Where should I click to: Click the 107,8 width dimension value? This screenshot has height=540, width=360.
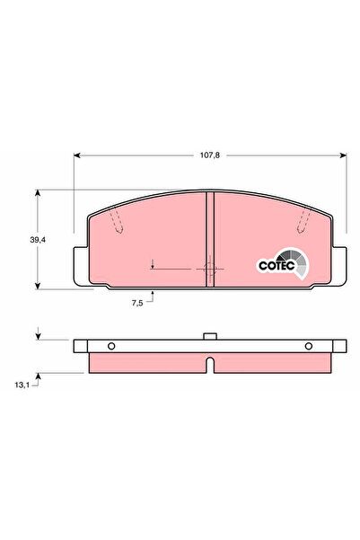pyautogui.click(x=209, y=155)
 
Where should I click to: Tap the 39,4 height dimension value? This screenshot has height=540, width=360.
pyautogui.click(x=38, y=240)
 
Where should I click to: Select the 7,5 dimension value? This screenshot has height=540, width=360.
pyautogui.click(x=137, y=303)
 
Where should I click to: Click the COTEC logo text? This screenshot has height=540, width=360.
pyautogui.click(x=277, y=266)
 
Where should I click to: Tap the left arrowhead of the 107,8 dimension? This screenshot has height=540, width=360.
pyautogui.click(x=76, y=155)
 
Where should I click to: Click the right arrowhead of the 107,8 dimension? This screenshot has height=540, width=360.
pyautogui.click(x=343, y=155)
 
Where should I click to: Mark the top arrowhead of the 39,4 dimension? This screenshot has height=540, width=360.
pyautogui.click(x=38, y=193)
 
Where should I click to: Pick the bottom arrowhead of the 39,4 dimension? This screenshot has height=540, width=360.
pyautogui.click(x=38, y=286)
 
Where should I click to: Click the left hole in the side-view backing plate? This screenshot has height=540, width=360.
pyautogui.click(x=111, y=346)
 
